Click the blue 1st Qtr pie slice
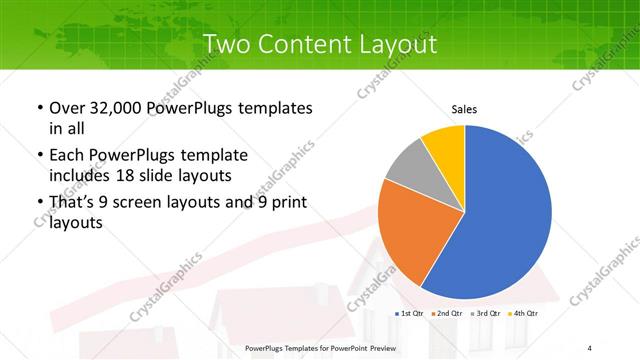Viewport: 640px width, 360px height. click(500, 220)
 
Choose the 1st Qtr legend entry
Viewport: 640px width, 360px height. click(412, 313)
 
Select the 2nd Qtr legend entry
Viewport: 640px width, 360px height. click(448, 313)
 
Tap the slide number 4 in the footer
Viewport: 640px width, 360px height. click(590, 347)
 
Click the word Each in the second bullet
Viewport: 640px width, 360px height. click(67, 155)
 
